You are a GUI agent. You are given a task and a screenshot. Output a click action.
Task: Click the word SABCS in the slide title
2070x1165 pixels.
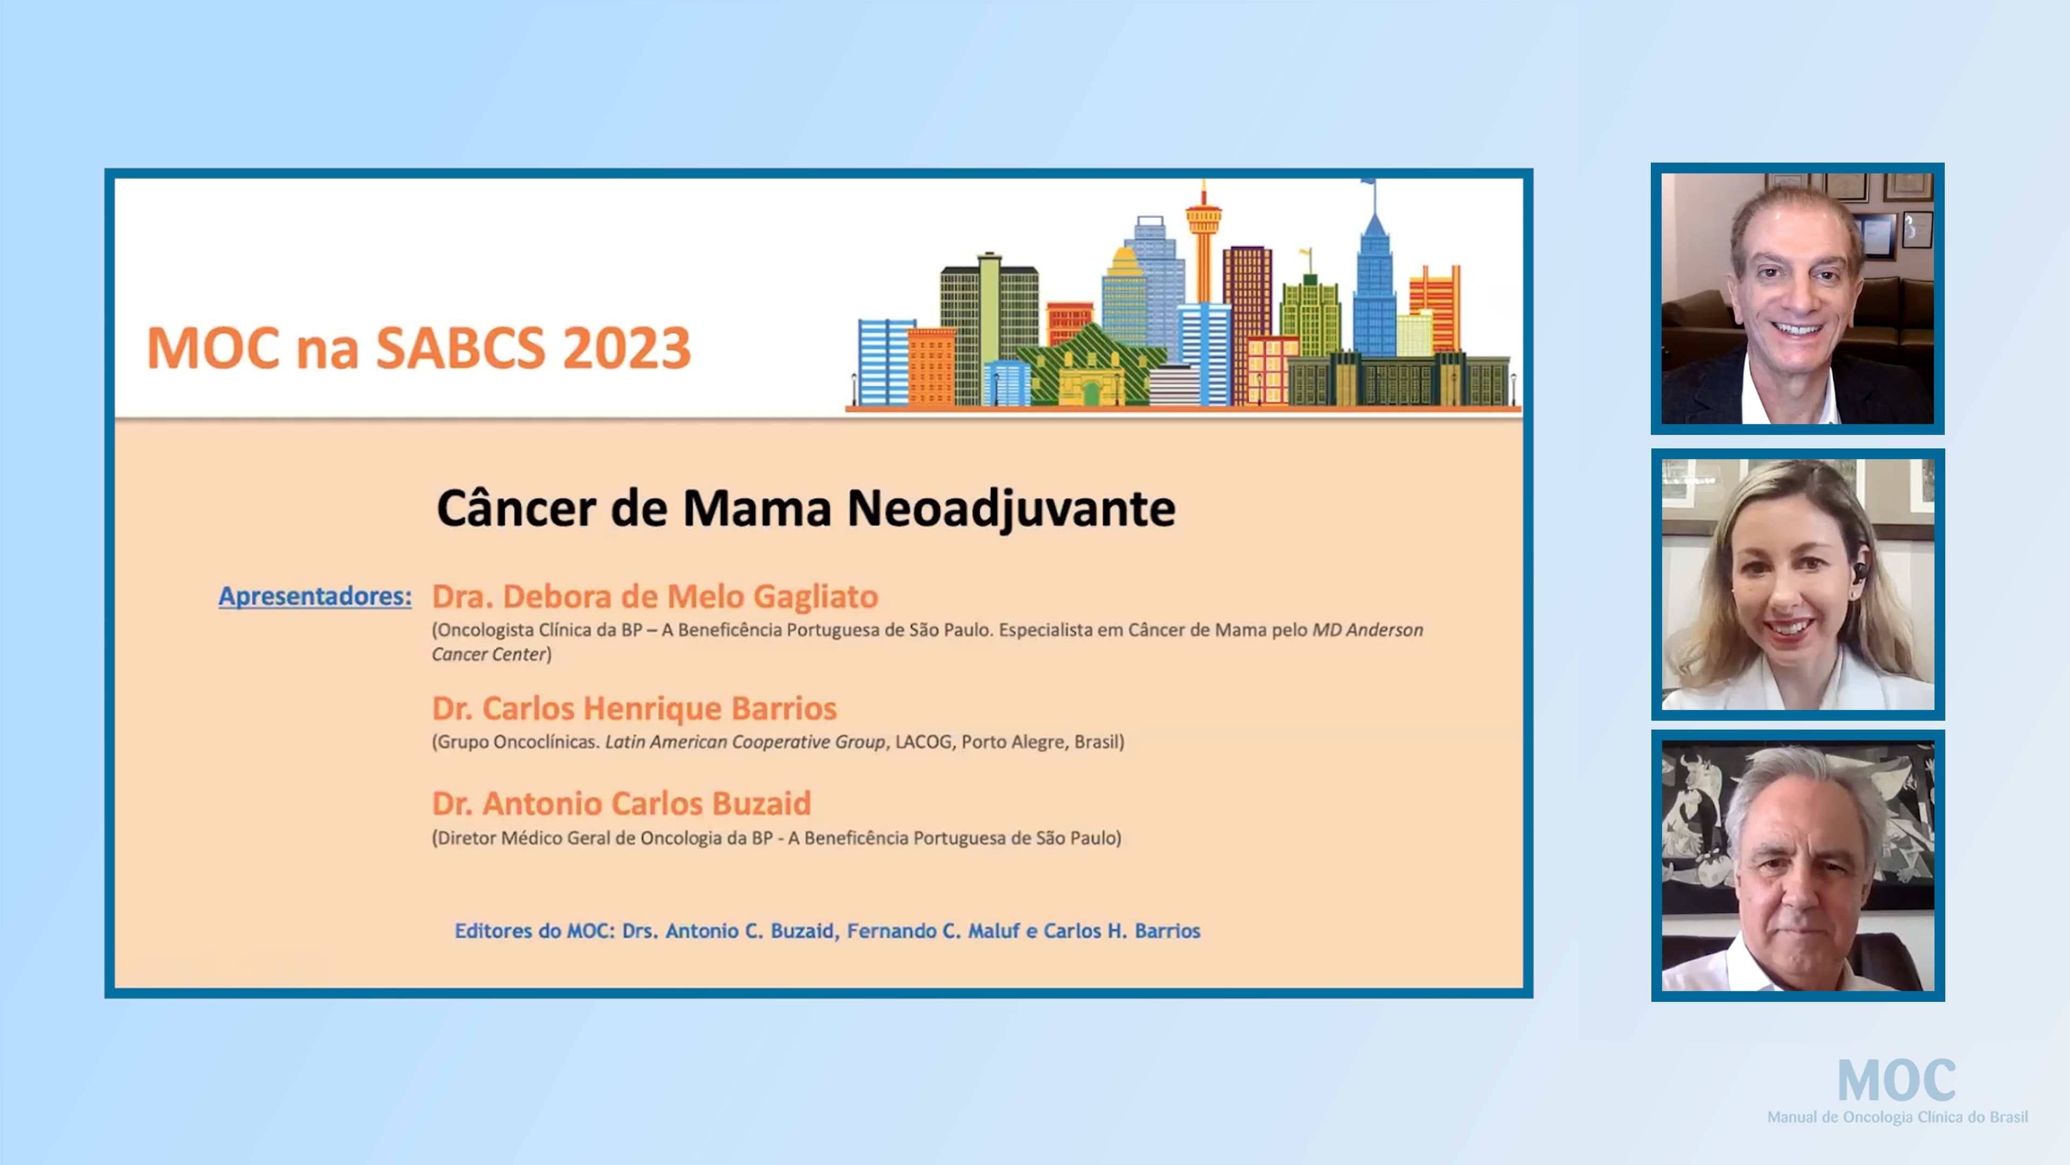click(x=460, y=348)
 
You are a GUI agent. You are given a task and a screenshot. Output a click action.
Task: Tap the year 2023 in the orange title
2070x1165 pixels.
click(x=626, y=348)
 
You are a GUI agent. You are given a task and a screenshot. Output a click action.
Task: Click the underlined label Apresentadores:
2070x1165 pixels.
click(x=315, y=596)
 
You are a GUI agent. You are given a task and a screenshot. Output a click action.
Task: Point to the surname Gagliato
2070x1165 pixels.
click(x=816, y=597)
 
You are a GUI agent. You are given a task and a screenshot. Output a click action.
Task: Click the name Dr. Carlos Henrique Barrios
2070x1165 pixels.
click(x=634, y=708)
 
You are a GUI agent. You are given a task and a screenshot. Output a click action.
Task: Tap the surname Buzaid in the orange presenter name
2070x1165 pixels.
click(x=762, y=803)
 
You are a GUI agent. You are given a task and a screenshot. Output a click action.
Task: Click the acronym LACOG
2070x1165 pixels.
click(x=922, y=741)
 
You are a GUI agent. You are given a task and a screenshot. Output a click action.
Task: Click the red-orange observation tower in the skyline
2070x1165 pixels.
click(x=1203, y=241)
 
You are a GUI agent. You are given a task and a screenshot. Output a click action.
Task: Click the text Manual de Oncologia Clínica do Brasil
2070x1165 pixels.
click(x=1896, y=1117)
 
